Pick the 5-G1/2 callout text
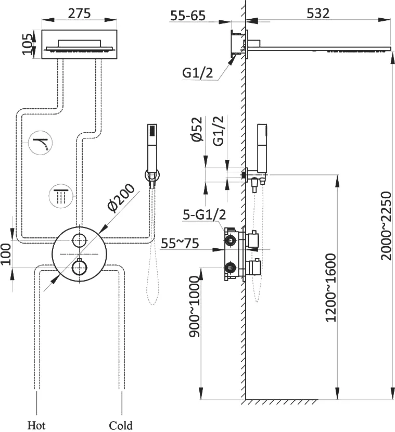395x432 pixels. pos(204,214)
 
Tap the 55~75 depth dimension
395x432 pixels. pos(180,244)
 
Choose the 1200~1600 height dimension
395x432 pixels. pos(331,287)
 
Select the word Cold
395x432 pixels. pos(121,425)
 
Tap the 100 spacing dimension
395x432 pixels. pos(6,253)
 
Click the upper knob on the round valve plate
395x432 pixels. pos(79,240)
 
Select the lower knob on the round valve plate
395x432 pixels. pos(79,268)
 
